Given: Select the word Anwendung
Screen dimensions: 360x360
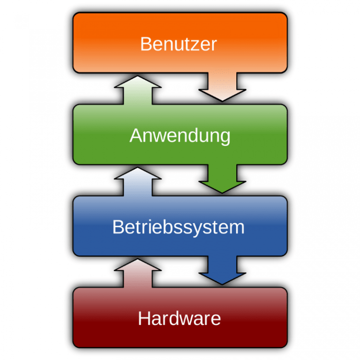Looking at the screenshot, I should (180, 135).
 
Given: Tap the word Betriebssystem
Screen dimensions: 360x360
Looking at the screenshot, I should (178, 227).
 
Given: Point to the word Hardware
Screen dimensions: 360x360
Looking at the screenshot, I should (179, 319).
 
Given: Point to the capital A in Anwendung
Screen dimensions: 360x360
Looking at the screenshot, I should (135, 135).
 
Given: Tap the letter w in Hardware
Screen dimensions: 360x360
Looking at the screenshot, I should (187, 320).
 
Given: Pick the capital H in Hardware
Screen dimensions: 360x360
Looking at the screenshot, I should (144, 319).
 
